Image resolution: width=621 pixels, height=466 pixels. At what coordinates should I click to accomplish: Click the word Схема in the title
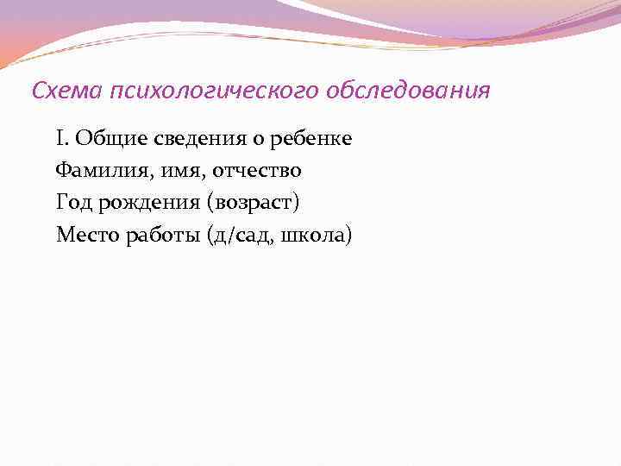pos(58,91)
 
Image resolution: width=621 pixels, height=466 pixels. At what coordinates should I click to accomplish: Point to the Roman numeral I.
pos(60,138)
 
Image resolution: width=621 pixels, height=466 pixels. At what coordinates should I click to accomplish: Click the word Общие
pos(103,138)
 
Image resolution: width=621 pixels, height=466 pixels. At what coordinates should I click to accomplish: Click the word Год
pos(73,202)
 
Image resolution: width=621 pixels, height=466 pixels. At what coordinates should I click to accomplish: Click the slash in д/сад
pos(229,235)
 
